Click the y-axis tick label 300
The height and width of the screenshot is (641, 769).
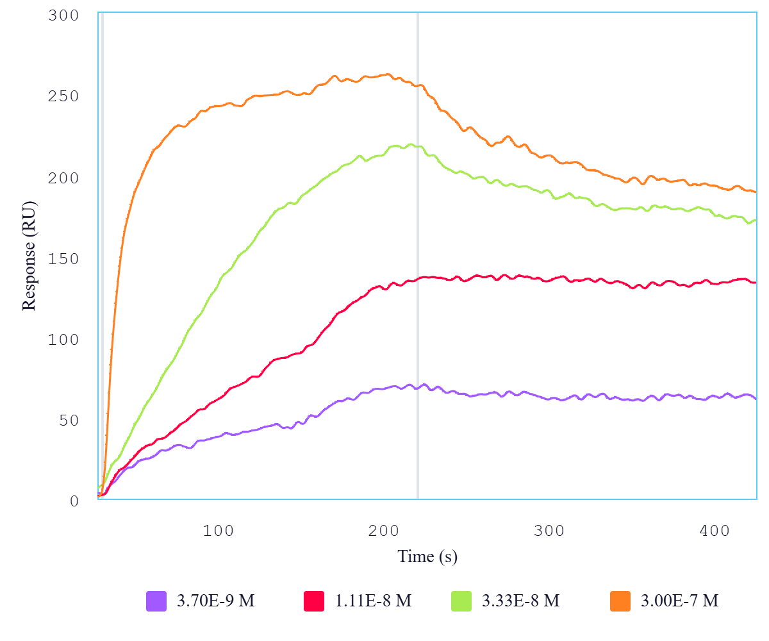63,15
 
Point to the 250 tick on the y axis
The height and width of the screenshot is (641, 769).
63,96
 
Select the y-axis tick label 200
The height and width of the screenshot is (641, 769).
63,178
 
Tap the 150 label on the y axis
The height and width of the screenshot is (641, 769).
63,258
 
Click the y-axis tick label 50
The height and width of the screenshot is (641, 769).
69,420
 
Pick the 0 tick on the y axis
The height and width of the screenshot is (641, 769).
74,501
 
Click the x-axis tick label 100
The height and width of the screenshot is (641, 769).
218,531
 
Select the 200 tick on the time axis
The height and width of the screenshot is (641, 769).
383,531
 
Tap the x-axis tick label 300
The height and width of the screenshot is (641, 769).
549,531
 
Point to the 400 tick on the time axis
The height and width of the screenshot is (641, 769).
715,531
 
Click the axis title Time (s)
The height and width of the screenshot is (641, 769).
427,556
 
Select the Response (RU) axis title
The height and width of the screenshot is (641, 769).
29,256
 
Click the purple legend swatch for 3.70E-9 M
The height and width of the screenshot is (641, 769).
156,601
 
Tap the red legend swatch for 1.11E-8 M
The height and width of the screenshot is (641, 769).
314,601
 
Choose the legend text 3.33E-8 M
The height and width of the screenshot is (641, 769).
521,601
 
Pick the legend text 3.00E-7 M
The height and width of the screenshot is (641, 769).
680,601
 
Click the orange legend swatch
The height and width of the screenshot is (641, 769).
620,601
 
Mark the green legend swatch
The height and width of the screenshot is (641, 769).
461,601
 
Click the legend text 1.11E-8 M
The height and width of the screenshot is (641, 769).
373,601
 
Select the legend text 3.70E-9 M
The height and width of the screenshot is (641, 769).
216,601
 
